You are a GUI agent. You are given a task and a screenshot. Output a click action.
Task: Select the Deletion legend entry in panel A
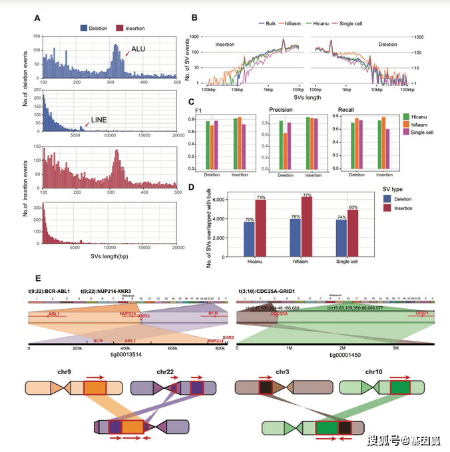[97, 28]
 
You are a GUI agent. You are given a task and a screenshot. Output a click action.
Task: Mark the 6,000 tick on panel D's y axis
[216, 199]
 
